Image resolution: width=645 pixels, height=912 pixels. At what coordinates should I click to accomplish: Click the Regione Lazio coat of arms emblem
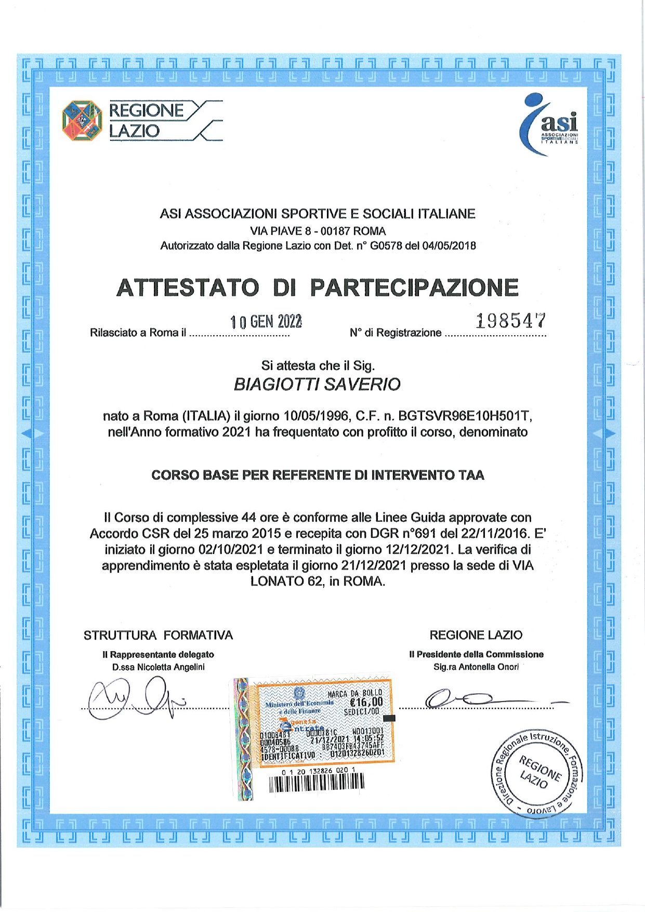[82, 121]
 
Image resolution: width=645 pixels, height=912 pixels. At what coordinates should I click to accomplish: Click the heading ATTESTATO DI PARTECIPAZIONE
[318, 287]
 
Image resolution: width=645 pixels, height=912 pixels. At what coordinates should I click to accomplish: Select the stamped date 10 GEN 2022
[266, 323]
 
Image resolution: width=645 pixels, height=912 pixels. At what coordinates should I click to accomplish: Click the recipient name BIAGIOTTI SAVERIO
[317, 385]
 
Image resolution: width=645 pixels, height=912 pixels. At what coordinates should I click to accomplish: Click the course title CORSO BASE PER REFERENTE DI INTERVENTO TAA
[318, 475]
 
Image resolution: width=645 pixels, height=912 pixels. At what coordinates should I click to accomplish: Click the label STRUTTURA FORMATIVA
[158, 635]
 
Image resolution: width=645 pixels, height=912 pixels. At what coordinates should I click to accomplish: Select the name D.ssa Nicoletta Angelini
[159, 667]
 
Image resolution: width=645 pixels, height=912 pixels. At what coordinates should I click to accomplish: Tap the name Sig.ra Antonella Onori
[476, 667]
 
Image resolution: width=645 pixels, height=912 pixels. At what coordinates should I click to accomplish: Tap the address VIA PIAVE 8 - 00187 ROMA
[318, 231]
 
